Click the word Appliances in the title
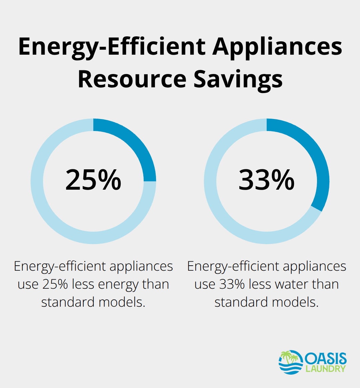point(277,47)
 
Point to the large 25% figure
point(93,180)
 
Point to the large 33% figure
point(266,180)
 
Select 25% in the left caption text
point(55,284)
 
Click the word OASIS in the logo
point(325,359)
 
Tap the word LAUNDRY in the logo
point(325,369)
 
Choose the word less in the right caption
point(260,284)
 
